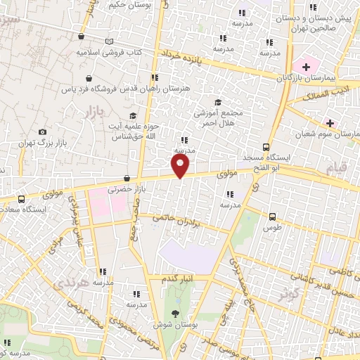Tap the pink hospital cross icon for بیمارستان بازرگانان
[307, 65]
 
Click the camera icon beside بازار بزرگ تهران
[43, 131]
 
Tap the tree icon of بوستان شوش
[174, 314]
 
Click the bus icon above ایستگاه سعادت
[21, 199]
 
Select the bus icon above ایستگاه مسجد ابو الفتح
[266, 147]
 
